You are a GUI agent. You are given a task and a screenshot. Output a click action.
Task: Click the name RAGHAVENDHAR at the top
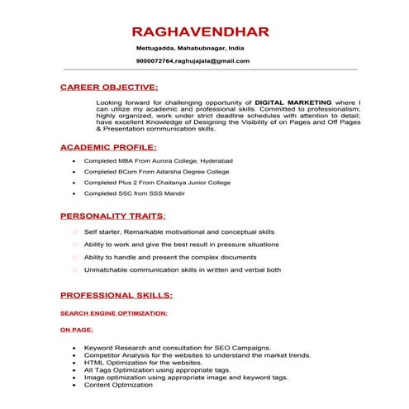coord(201,31)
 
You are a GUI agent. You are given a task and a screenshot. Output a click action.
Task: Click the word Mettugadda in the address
coord(155,49)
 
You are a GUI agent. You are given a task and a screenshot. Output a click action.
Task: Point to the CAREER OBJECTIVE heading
coord(108,86)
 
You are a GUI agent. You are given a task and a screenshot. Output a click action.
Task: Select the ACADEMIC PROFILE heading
coord(107,146)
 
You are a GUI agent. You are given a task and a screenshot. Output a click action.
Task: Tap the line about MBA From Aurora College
coord(159,159)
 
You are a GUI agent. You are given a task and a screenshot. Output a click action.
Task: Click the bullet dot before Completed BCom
coord(75,171)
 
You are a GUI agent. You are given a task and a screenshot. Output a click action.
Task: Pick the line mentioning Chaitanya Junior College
coord(157,182)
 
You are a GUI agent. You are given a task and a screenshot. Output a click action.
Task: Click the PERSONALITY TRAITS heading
coord(112,216)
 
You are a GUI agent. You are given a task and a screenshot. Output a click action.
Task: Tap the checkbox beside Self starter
coord(75,232)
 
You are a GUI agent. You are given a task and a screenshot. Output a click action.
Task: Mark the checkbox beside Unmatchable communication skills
coord(75,269)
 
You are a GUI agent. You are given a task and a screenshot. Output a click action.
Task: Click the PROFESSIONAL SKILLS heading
coord(117,294)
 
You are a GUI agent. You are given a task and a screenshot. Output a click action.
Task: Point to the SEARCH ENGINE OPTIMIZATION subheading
coord(114,313)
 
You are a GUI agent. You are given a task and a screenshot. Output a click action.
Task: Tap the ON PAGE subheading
coord(76,329)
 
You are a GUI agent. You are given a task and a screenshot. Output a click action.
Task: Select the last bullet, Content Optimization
coord(119,385)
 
